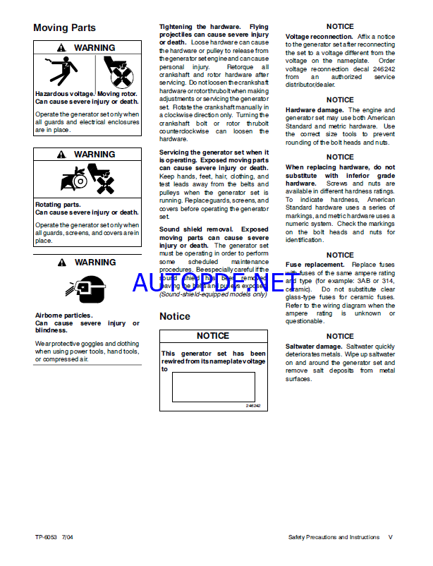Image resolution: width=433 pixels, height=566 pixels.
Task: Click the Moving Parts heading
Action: pos(65,28)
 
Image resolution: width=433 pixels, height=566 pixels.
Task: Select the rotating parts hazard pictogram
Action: pos(87,179)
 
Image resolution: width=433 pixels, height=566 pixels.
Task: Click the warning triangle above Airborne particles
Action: pos(62,263)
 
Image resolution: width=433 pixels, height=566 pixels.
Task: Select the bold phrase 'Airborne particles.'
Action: pos(64,315)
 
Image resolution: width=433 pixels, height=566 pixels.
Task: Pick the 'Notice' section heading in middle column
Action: pos(175,316)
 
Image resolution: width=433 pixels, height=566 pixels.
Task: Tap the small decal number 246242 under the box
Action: pos(252,406)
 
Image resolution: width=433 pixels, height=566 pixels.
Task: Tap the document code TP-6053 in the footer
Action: pos(48,537)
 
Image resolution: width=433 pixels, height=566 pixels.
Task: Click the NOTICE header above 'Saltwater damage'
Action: pos(340,337)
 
